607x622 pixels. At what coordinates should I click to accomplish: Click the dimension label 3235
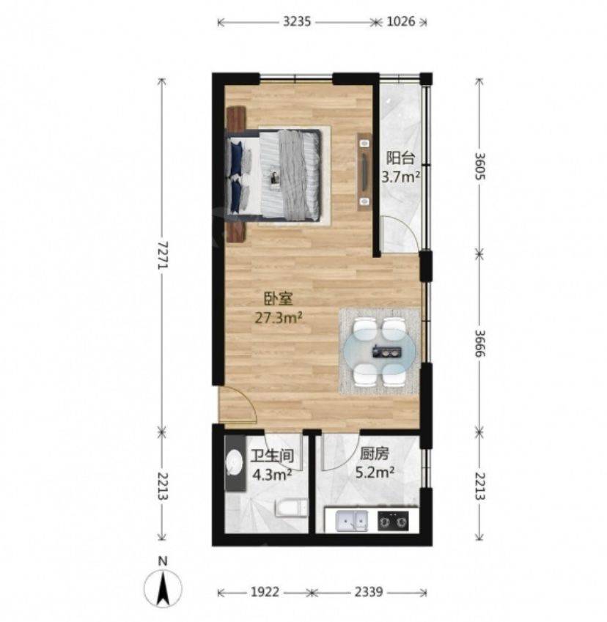click(x=297, y=21)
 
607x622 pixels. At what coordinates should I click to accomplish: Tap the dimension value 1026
click(x=400, y=21)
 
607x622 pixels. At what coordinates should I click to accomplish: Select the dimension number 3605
click(x=480, y=166)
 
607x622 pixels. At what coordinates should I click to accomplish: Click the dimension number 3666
click(x=480, y=343)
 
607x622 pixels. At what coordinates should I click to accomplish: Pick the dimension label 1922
click(x=265, y=592)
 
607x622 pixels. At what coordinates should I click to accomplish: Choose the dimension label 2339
click(x=369, y=592)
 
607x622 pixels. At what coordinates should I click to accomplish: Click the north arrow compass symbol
click(x=163, y=585)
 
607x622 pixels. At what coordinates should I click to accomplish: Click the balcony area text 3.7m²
click(x=401, y=177)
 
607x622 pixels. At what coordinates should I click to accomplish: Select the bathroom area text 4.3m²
click(x=273, y=474)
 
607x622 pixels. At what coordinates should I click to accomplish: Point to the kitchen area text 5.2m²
click(x=375, y=473)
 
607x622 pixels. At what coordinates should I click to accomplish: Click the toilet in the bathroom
click(x=292, y=508)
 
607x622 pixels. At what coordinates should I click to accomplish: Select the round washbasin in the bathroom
click(x=235, y=462)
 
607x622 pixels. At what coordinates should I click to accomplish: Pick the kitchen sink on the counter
click(x=351, y=521)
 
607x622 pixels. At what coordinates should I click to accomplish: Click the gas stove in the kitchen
click(x=393, y=521)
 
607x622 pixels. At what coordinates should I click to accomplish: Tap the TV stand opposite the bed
click(x=364, y=170)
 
